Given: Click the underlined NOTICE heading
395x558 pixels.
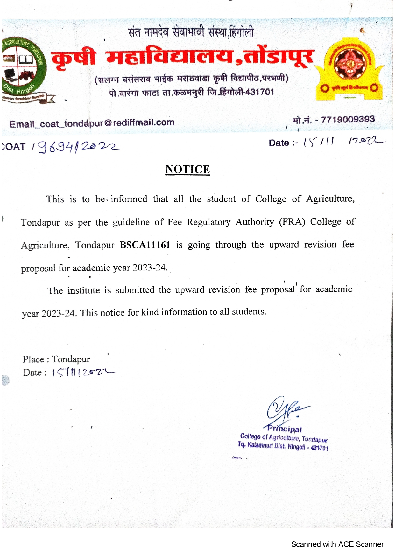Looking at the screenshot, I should click(x=187, y=170).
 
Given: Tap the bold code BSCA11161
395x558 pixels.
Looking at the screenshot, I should click(x=145, y=245).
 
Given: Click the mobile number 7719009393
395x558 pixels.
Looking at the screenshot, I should click(x=348, y=120).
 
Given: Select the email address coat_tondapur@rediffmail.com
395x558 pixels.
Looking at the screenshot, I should click(x=92, y=123).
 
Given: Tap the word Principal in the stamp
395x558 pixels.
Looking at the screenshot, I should click(x=285, y=429).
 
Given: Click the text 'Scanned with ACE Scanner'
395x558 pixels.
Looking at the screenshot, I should click(x=337, y=544).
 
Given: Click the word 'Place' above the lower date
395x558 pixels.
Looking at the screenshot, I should click(x=33, y=359).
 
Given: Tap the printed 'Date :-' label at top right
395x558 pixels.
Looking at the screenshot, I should click(x=283, y=143).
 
